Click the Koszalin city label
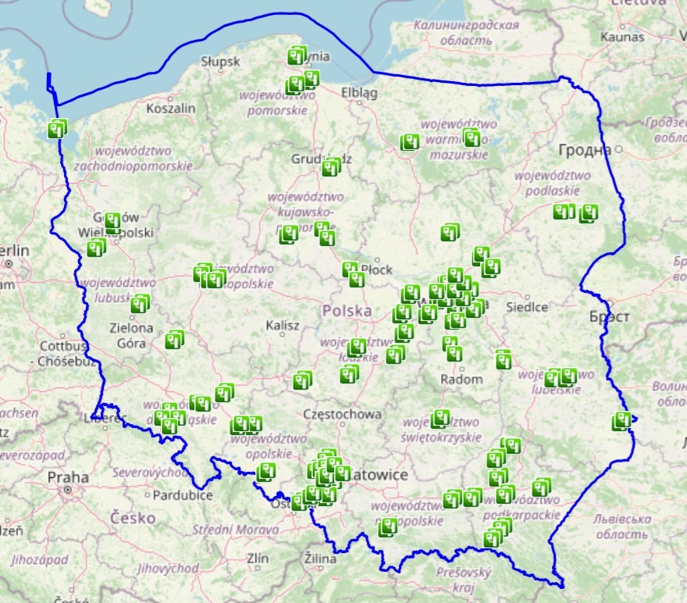(171, 109)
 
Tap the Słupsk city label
(222, 60)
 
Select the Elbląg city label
(359, 93)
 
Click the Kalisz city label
(282, 325)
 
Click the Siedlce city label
(527, 307)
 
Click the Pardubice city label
(182, 495)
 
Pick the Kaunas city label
(622, 37)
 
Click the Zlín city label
(257, 558)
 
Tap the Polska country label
(347, 311)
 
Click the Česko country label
(132, 517)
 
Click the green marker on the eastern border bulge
(622, 421)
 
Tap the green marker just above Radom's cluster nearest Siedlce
(504, 359)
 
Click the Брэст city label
(610, 317)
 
